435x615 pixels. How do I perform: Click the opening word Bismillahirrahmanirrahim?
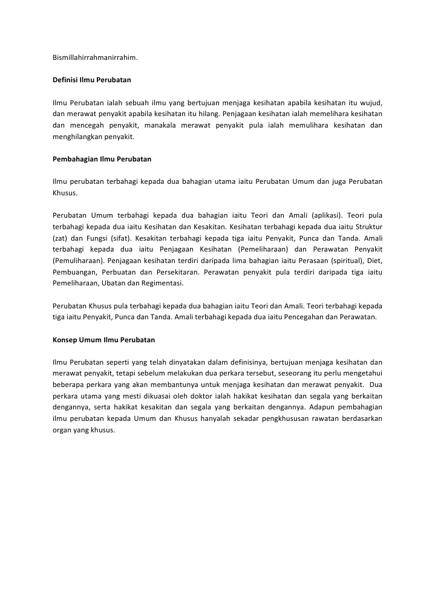(x=95, y=58)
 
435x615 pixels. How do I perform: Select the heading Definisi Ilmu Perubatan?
(x=92, y=80)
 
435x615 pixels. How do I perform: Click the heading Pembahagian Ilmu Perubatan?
(x=102, y=159)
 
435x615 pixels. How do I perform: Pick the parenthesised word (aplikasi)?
(x=327, y=215)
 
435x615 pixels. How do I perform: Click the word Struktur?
(x=368, y=227)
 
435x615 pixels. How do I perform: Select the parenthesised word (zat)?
(x=60, y=238)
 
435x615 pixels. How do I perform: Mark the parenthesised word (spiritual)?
(x=341, y=261)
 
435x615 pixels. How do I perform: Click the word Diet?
(x=375, y=261)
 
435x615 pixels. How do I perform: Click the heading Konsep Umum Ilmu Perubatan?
(x=104, y=340)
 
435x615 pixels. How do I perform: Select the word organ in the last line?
(x=63, y=431)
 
